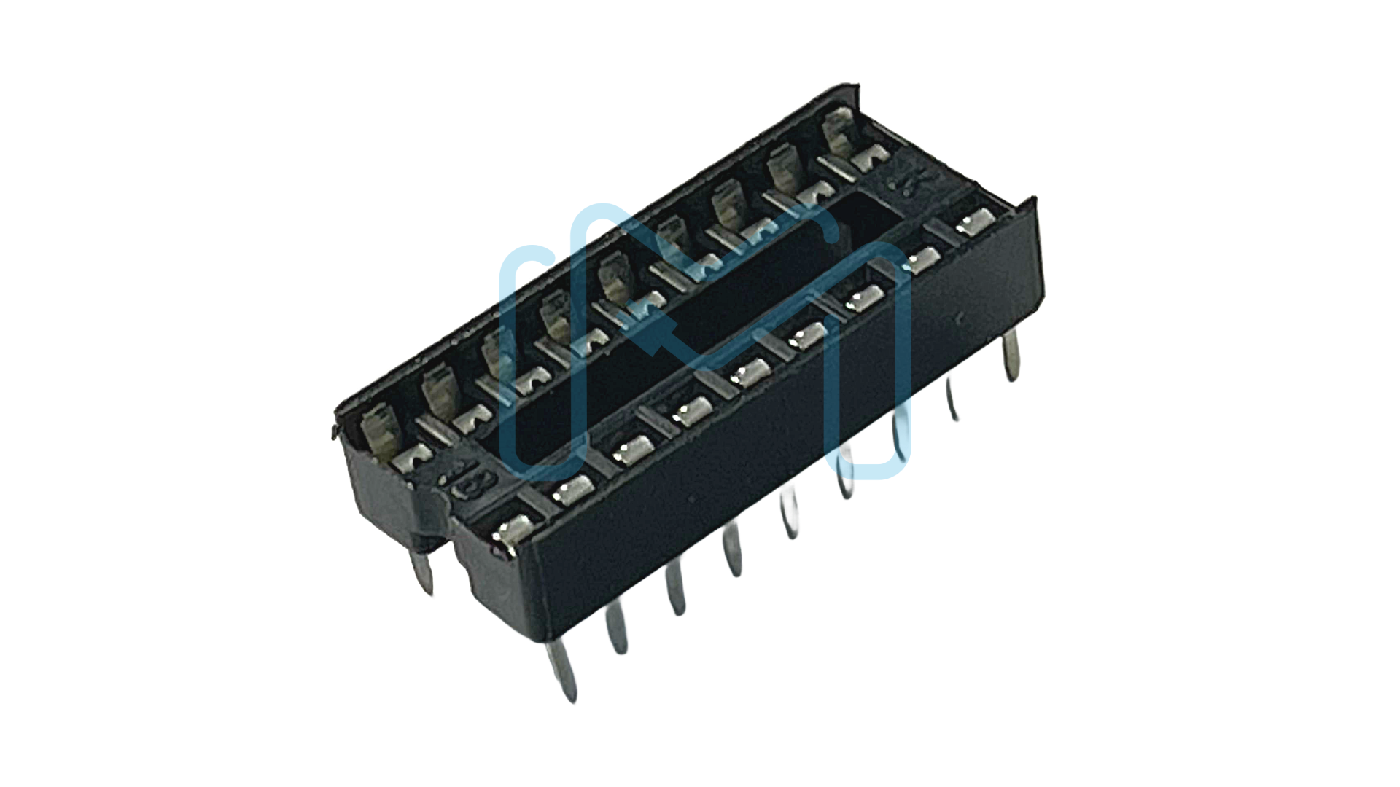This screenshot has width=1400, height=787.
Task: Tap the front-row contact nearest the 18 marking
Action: (513, 530)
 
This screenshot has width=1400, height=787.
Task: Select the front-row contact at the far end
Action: (976, 222)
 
